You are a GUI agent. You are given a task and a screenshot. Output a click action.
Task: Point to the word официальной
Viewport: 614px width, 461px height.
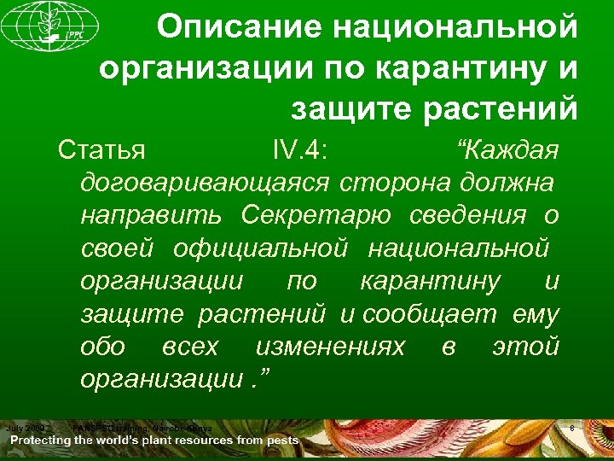point(261,248)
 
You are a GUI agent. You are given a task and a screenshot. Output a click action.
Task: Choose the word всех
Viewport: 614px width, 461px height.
point(189,347)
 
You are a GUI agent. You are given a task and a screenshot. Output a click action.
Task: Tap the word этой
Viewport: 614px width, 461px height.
point(526,347)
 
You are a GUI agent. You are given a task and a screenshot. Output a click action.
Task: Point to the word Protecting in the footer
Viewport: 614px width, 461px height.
point(52,441)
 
